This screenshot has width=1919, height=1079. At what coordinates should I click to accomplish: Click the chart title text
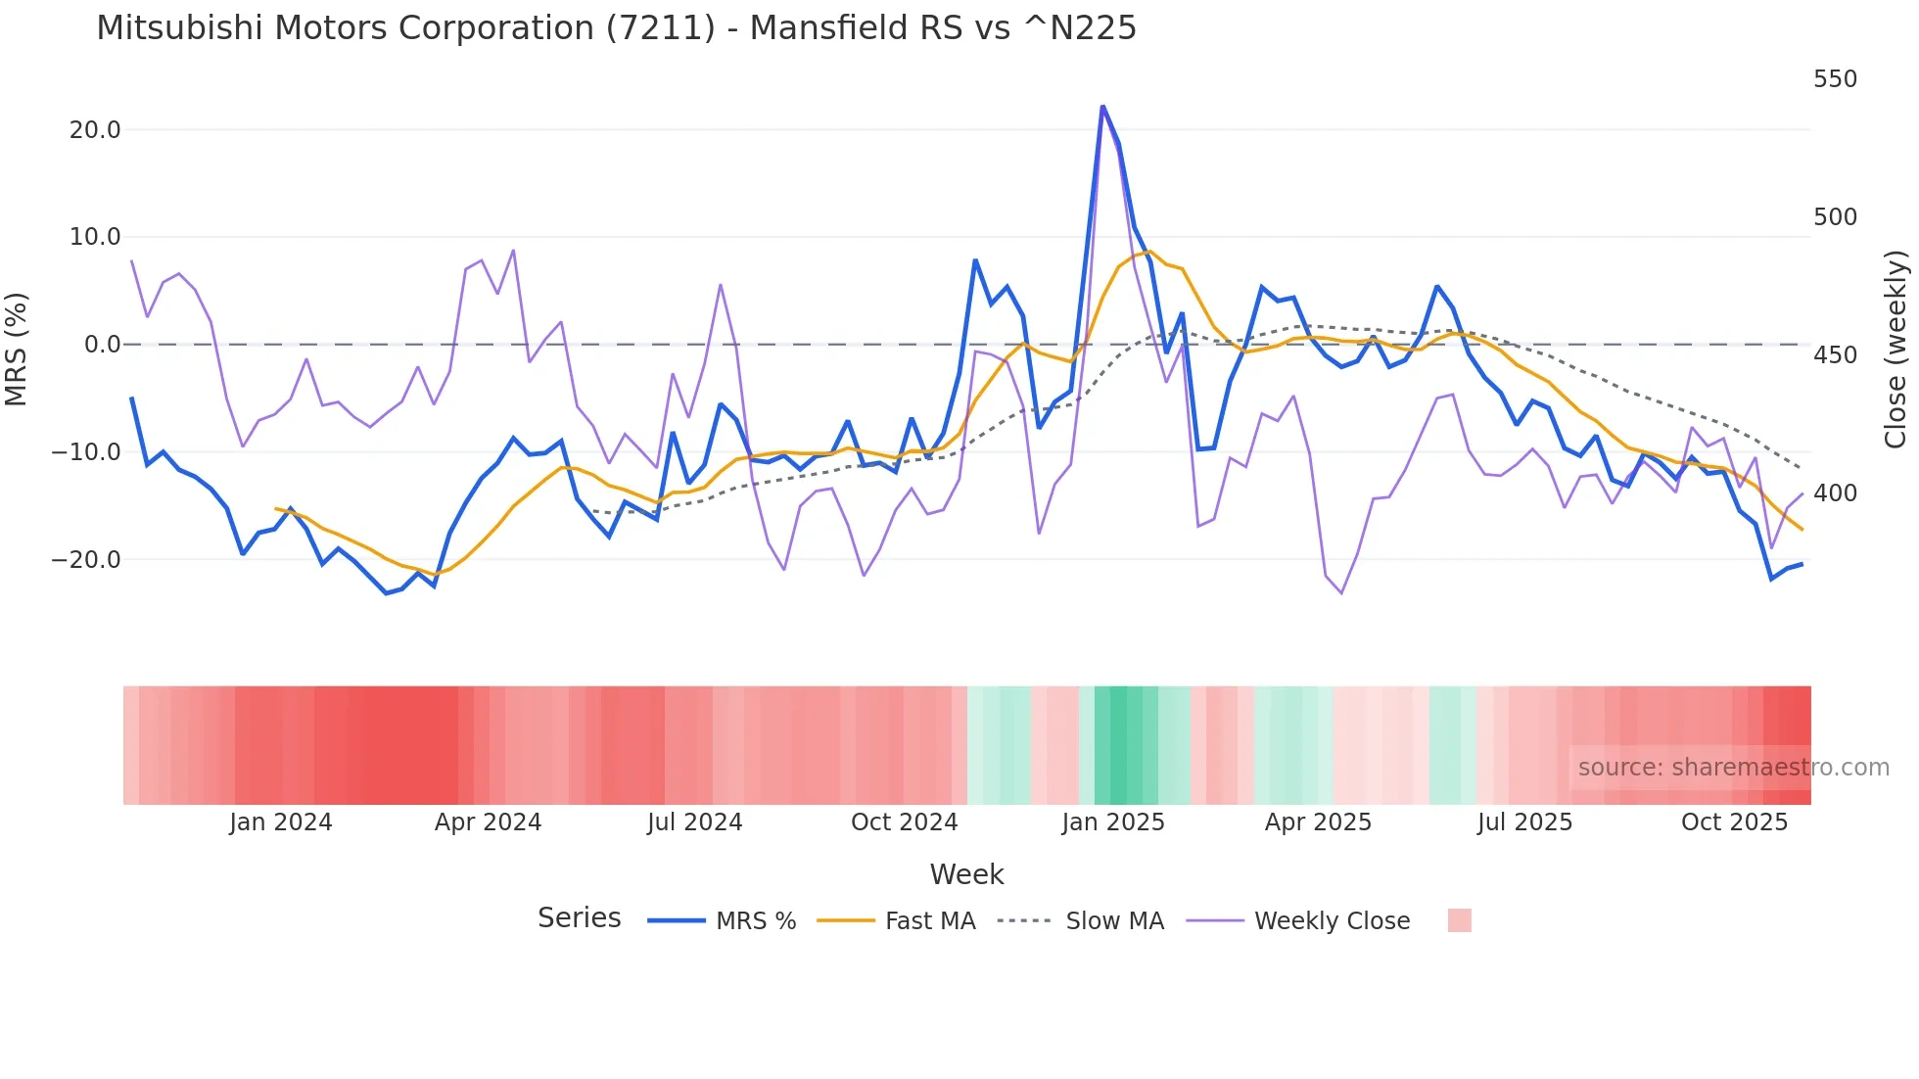[x=616, y=28]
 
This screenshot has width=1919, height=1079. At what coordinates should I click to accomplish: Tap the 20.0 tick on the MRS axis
[x=95, y=130]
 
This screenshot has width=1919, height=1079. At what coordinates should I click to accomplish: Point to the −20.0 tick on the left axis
[x=86, y=560]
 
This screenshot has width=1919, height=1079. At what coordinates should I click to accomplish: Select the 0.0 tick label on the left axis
[x=102, y=345]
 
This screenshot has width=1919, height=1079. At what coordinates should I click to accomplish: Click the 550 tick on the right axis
[x=1835, y=79]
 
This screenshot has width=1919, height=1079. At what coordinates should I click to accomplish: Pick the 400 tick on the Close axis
[x=1835, y=493]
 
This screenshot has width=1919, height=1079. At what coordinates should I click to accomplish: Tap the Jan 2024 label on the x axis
[x=281, y=822]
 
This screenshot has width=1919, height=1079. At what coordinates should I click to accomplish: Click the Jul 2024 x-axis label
[x=695, y=822]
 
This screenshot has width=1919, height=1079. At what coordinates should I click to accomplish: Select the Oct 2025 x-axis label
[x=1734, y=822]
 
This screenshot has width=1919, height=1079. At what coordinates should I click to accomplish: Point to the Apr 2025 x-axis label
[x=1318, y=822]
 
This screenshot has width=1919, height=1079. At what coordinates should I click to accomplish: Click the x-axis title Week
[x=966, y=874]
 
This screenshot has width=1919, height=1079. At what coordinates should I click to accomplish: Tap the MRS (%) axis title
[x=17, y=349]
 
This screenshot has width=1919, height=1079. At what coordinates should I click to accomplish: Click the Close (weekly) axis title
[x=1896, y=350]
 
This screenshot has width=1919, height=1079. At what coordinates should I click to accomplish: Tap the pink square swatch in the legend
[x=1459, y=920]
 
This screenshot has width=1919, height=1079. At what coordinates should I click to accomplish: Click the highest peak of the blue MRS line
[x=1102, y=107]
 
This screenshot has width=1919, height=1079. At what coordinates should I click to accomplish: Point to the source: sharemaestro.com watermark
[x=1733, y=768]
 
